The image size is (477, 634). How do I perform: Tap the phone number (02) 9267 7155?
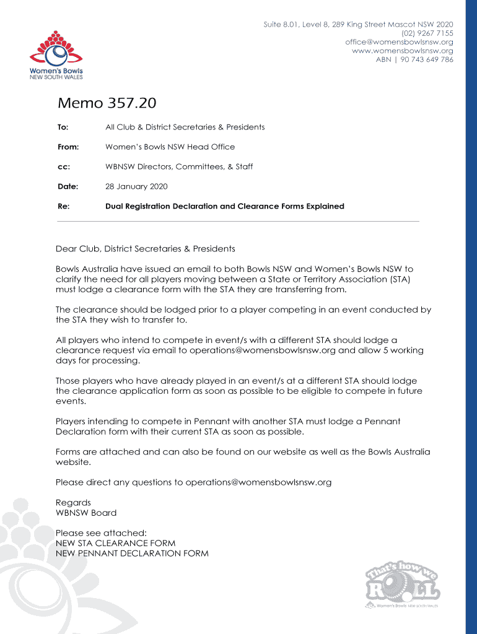tap(427, 33)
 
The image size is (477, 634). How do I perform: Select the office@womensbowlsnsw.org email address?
tap(399, 42)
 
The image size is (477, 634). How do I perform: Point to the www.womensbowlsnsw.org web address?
tap(402, 51)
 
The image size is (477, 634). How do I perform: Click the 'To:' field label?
tap(63, 127)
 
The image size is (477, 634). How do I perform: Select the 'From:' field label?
tap(68, 147)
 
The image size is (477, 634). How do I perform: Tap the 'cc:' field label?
tap(63, 167)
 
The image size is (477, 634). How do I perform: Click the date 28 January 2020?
tap(136, 186)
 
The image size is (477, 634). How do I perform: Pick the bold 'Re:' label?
tap(63, 206)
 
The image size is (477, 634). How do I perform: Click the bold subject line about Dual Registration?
tap(224, 206)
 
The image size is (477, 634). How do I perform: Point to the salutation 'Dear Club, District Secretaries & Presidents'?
tap(146, 249)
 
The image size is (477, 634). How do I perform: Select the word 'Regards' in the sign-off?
tap(73, 503)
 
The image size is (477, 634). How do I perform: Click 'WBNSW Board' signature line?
tap(86, 513)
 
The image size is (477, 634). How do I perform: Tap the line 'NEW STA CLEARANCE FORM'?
tap(115, 543)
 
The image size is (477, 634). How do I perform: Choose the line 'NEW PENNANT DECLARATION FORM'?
tap(132, 553)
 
